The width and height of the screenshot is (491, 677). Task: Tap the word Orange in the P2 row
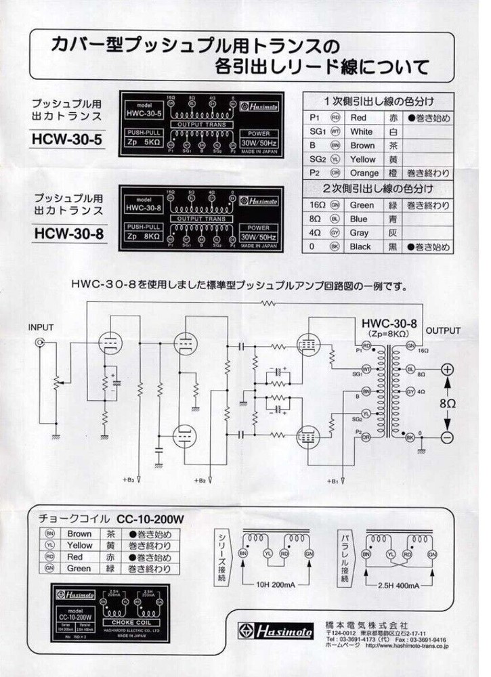point(365,173)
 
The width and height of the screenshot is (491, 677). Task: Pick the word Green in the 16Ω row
point(362,204)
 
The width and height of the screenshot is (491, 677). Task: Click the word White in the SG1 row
point(362,131)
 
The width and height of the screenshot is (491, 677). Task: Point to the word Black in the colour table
point(361,247)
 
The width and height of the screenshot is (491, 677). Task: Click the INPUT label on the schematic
point(41,328)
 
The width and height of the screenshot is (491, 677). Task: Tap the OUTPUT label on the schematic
point(443,331)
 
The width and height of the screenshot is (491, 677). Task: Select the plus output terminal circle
point(447,370)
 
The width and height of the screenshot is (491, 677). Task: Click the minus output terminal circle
point(447,437)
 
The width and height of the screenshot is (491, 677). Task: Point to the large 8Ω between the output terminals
point(448,403)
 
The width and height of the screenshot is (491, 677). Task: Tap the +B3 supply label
point(128,481)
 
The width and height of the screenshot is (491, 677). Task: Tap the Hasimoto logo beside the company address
point(276,632)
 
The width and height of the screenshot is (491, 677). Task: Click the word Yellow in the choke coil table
point(80,545)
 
